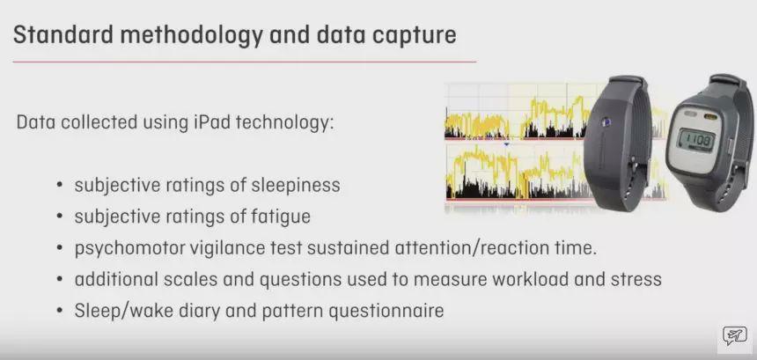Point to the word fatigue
[x=282, y=217]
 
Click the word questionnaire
[x=386, y=312]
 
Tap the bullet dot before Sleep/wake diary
[x=60, y=312]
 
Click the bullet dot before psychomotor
[x=60, y=249]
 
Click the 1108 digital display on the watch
[x=695, y=141]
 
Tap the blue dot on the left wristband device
[x=606, y=121]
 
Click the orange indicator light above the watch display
[x=709, y=116]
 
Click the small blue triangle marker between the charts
[x=506, y=143]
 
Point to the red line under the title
[x=245, y=62]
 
